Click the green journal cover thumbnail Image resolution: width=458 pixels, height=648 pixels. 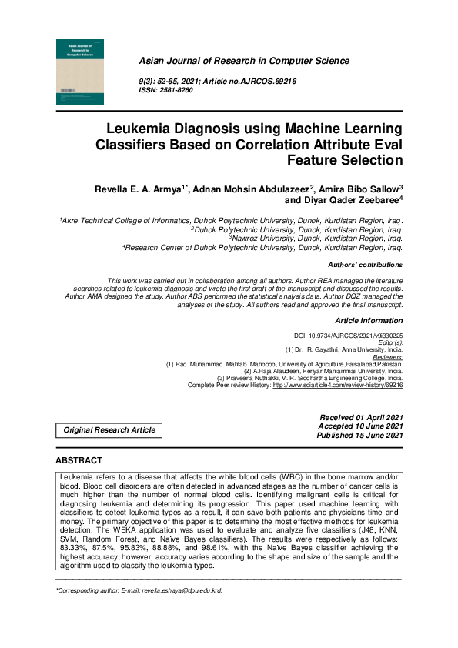[78, 72]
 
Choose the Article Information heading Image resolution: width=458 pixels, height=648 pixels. [369, 319]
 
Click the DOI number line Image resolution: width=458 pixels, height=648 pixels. [349, 336]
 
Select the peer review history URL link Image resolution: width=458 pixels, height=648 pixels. [337, 384]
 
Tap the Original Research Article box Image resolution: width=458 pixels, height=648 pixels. [109, 430]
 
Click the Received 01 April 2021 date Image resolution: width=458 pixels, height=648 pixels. [361, 416]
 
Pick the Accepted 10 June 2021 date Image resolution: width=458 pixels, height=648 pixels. [361, 426]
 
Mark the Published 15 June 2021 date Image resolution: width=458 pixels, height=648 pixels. [359, 435]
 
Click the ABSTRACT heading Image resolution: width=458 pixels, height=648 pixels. [79, 460]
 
